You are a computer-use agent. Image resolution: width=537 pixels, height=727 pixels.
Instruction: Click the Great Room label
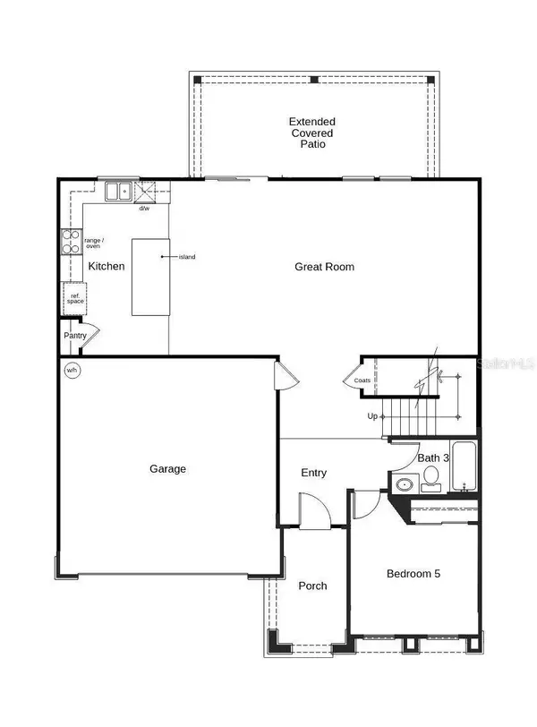pyautogui.click(x=325, y=267)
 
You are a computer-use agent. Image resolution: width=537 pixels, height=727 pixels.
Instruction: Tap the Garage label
pyautogui.click(x=167, y=468)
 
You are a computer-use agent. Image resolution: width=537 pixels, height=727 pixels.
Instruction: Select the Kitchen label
pyautogui.click(x=106, y=267)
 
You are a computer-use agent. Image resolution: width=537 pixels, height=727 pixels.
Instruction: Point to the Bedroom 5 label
pyautogui.click(x=413, y=573)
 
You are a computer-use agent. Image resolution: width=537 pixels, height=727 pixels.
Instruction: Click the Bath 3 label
pyautogui.click(x=434, y=458)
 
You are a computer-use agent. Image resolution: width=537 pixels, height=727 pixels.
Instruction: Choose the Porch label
pyautogui.click(x=312, y=586)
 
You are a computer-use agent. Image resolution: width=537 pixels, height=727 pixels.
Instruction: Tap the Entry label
pyautogui.click(x=313, y=473)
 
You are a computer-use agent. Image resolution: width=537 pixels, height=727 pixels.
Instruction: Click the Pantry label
pyautogui.click(x=75, y=336)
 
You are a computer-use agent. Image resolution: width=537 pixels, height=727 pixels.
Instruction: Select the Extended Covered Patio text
pyautogui.click(x=311, y=132)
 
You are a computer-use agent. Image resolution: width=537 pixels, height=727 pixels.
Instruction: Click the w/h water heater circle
pyautogui.click(x=72, y=370)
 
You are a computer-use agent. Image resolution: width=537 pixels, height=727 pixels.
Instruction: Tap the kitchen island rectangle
pyautogui.click(x=149, y=277)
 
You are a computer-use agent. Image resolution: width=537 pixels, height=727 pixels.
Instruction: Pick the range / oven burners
pyautogui.click(x=70, y=243)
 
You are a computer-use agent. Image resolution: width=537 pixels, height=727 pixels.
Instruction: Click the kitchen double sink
pyautogui.click(x=117, y=191)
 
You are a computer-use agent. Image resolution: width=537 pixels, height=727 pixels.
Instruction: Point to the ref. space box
pyautogui.click(x=73, y=298)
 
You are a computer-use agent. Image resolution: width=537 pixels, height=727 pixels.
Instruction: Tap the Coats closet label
pyautogui.click(x=362, y=381)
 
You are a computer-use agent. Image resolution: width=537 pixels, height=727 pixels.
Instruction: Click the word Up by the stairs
pyautogui.click(x=371, y=416)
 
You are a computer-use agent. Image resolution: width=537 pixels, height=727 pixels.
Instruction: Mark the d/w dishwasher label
pyautogui.click(x=143, y=209)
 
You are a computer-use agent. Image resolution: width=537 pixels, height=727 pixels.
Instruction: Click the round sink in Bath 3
pyautogui.click(x=404, y=484)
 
